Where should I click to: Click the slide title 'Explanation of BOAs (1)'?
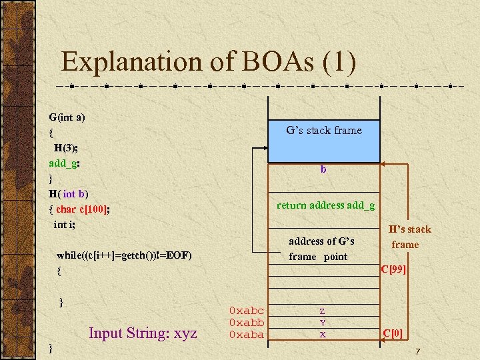point(209,62)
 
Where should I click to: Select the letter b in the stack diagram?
point(323,170)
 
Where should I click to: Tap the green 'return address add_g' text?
point(325,205)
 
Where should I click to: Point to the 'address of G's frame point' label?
point(321,249)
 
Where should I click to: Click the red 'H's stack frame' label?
point(409,237)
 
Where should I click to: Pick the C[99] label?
point(393,269)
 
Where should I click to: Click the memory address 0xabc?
point(246,311)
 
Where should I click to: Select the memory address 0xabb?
point(246,323)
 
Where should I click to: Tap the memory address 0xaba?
point(246,335)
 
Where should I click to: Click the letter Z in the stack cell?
point(323,311)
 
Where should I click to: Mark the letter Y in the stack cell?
point(323,323)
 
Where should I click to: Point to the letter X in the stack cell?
point(323,335)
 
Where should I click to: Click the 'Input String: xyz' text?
point(143,333)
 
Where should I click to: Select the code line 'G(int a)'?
point(67,117)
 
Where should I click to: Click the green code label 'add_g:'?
point(65,163)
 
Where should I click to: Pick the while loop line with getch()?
point(124,255)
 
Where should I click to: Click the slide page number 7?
point(417,351)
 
